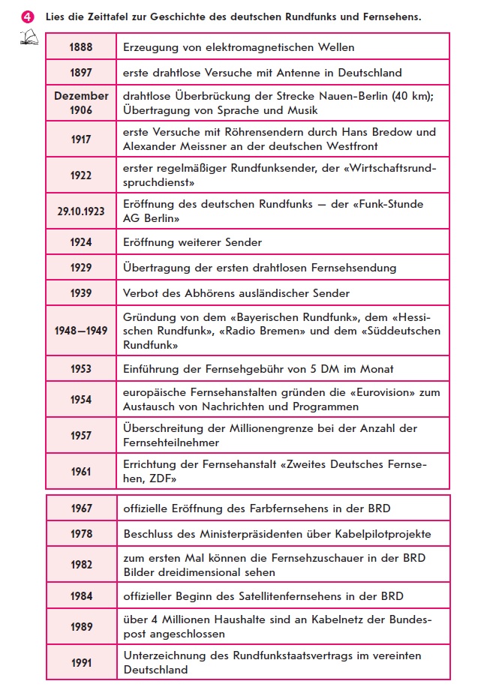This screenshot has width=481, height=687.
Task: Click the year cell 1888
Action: click(x=81, y=47)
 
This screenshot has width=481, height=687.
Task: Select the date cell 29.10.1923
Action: click(x=81, y=211)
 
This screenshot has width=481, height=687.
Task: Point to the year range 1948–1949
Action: click(x=81, y=331)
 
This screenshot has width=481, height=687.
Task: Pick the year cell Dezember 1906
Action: click(x=81, y=103)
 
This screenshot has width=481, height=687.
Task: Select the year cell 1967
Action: click(x=81, y=508)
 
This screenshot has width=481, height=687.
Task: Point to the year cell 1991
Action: click(x=81, y=662)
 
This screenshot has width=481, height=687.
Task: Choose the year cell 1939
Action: click(x=81, y=293)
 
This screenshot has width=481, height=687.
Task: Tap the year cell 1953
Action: click(x=81, y=369)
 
